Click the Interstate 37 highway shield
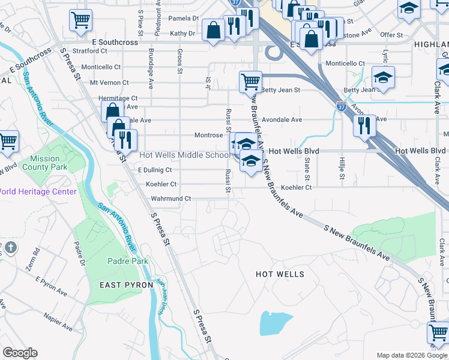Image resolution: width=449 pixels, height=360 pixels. tap(341, 107)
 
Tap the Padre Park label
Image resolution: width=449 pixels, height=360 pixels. tap(127, 261)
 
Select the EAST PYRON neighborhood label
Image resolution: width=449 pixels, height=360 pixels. tap(126, 285)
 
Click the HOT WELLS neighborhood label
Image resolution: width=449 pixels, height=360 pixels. tap(280, 274)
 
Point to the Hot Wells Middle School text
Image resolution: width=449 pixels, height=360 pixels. tap(184, 155)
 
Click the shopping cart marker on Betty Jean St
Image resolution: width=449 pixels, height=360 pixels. tap(250, 81)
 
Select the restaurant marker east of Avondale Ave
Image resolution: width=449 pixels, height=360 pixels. tap(364, 125)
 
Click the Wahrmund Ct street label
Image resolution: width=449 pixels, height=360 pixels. tap(170, 199)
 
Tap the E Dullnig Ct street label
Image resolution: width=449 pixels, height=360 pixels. tap(155, 170)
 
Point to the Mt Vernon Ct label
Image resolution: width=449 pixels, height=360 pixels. tap(109, 83)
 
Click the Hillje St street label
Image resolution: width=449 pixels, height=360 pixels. tap(342, 168)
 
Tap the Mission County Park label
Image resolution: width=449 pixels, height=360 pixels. tap(40, 163)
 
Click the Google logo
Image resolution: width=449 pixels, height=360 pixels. tap(20, 353)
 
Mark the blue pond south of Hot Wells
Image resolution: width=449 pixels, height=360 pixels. tap(274, 324)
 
